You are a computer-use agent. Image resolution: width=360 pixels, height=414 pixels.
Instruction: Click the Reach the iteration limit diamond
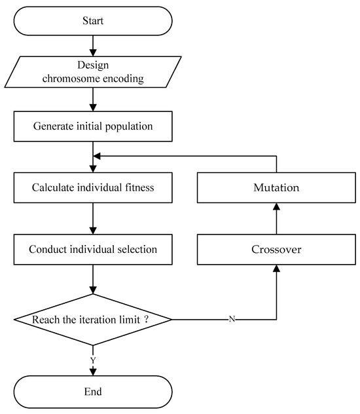pyautogui.click(x=92, y=320)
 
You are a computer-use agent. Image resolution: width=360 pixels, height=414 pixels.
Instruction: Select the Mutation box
pyautogui.click(x=276, y=187)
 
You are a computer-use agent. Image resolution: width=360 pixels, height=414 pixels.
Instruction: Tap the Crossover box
pyautogui.click(x=276, y=250)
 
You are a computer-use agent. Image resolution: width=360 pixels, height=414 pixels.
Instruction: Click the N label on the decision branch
pyautogui.click(x=232, y=320)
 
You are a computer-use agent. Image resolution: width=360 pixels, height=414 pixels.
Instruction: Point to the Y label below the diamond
pyautogui.click(x=93, y=360)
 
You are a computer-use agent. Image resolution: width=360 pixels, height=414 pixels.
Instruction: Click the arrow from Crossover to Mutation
pyautogui.click(x=276, y=219)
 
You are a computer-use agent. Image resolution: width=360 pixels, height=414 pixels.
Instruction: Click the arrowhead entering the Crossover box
pyautogui.click(x=276, y=269)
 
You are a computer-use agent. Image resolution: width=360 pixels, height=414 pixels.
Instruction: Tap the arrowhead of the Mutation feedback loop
pyautogui.click(x=97, y=157)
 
